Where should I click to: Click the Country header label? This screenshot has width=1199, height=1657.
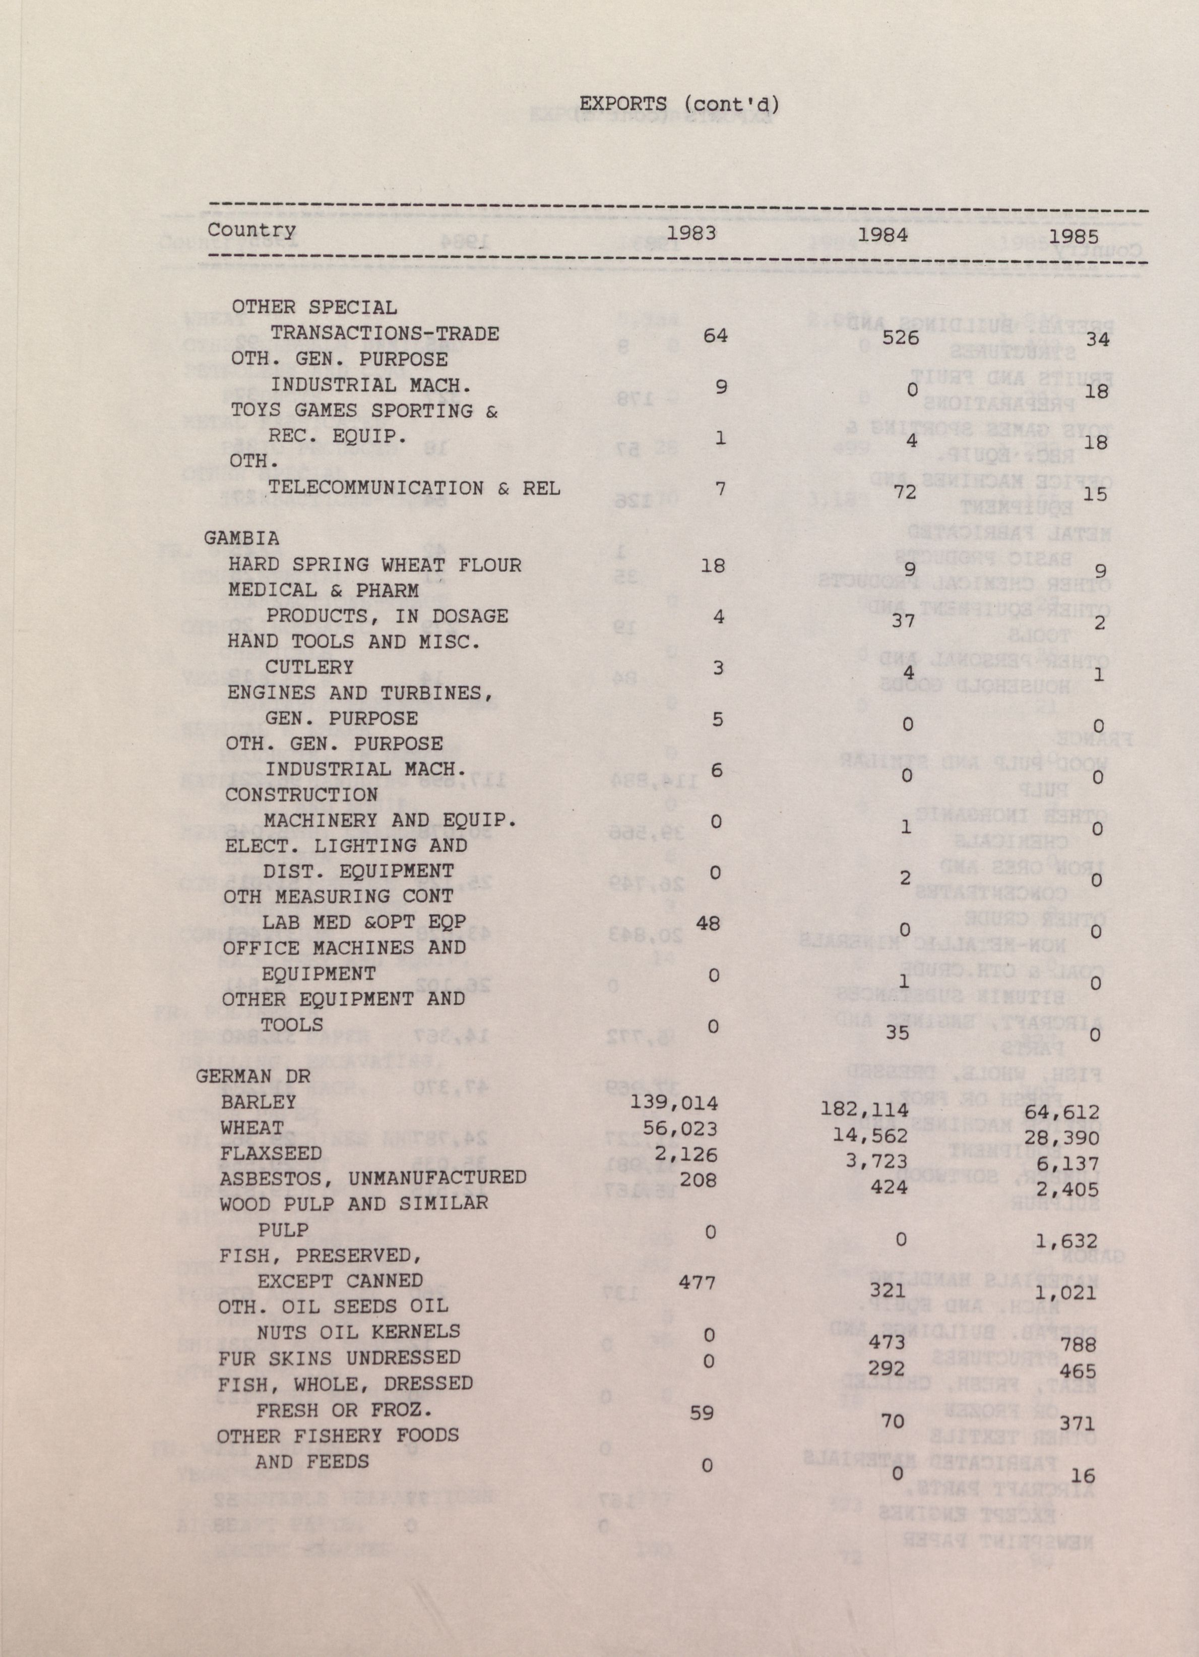coord(252,230)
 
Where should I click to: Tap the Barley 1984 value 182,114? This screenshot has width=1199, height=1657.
coord(865,1111)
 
